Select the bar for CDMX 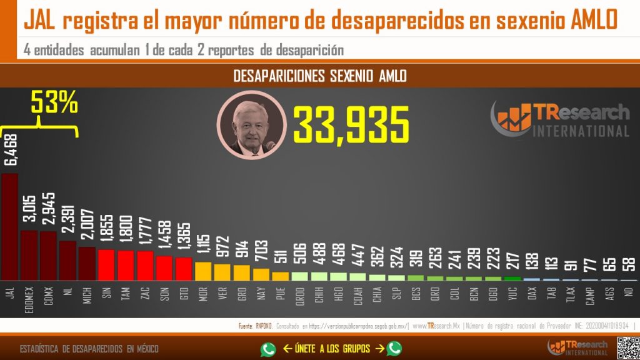48,256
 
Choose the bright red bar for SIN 106,264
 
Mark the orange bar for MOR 203,271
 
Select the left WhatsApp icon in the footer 268,349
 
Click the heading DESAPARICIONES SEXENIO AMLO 319,76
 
